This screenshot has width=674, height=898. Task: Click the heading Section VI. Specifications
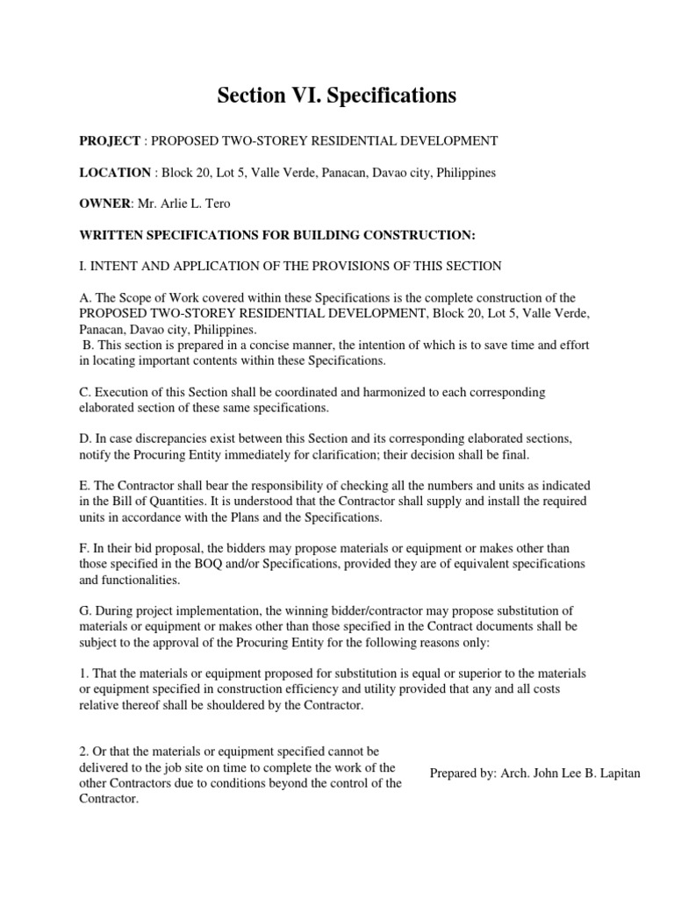pyautogui.click(x=337, y=96)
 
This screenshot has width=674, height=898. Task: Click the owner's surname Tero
pyautogui.click(x=219, y=204)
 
